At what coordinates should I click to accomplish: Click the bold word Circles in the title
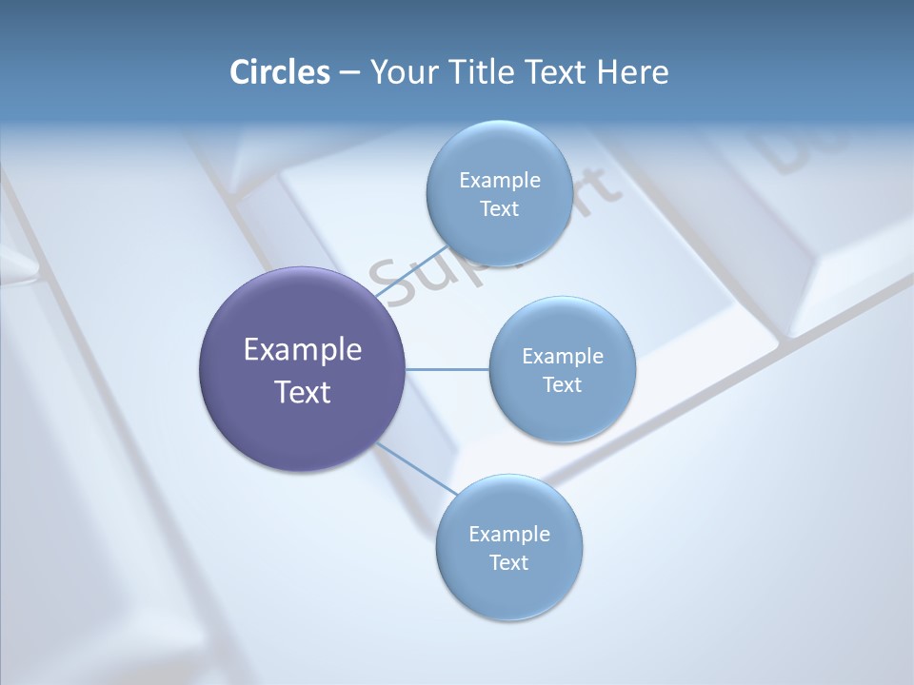[280, 72]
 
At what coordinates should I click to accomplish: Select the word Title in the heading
[483, 72]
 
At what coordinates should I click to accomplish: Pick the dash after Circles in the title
[348, 73]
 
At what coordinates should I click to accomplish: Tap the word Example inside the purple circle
[303, 350]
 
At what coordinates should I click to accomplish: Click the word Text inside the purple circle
[303, 392]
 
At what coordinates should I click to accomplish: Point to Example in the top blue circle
[500, 180]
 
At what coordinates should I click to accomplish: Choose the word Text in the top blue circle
[499, 209]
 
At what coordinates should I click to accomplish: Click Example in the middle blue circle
[563, 356]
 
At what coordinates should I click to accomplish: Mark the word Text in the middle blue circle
[562, 385]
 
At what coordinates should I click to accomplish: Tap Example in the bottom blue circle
[509, 534]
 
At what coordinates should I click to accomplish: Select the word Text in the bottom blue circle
[508, 563]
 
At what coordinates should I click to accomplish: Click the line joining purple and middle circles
[447, 369]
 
